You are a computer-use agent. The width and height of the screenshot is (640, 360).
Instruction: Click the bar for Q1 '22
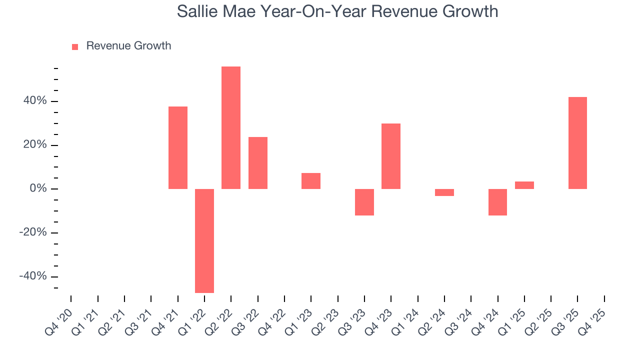pyautogui.click(x=204, y=240)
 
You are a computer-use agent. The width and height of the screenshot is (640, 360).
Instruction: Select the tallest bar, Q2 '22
pyautogui.click(x=231, y=127)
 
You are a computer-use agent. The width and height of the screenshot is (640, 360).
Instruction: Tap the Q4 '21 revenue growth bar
pyautogui.click(x=178, y=147)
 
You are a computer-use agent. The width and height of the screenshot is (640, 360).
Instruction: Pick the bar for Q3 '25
pyautogui.click(x=577, y=143)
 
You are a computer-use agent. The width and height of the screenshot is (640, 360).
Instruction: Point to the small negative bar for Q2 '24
pyautogui.click(x=444, y=192)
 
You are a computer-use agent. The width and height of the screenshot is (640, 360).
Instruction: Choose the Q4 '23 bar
pyautogui.click(x=391, y=156)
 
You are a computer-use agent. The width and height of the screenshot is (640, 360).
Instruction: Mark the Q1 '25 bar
pyautogui.click(x=524, y=185)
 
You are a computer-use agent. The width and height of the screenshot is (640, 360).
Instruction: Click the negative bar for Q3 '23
pyautogui.click(x=364, y=202)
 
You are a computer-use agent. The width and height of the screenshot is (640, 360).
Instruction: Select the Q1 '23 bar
pyautogui.click(x=311, y=181)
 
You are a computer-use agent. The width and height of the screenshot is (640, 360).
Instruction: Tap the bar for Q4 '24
pyautogui.click(x=497, y=202)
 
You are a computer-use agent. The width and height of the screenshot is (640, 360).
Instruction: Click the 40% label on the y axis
pyautogui.click(x=35, y=101)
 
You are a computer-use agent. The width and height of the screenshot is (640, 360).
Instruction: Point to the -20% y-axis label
pyautogui.click(x=33, y=232)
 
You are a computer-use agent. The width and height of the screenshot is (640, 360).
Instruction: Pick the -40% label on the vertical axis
pyautogui.click(x=33, y=276)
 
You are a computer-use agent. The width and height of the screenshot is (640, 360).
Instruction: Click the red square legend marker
pyautogui.click(x=75, y=47)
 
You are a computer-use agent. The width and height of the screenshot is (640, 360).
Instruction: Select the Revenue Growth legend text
pyautogui.click(x=128, y=46)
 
